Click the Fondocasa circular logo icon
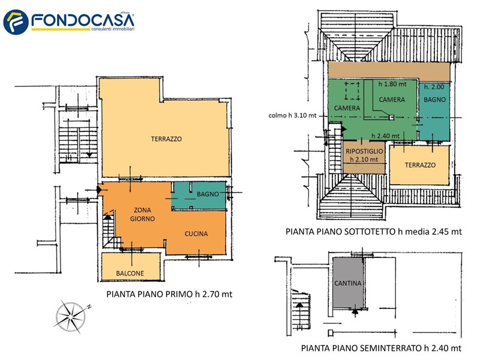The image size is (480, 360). click(16, 22)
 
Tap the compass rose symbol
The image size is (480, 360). click(72, 316)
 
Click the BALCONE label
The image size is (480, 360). click(130, 274)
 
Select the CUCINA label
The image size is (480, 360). click(196, 234)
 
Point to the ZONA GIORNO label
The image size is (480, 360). click(142, 214)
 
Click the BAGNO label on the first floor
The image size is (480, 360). click(208, 194)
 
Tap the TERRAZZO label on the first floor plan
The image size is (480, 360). click(166, 139)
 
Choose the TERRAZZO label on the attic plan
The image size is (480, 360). click(420, 165)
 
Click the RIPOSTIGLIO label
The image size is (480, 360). click(364, 151)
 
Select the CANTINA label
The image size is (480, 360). click(348, 283)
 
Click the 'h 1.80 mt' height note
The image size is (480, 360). click(392, 84)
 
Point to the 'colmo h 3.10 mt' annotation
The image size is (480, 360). click(292, 115)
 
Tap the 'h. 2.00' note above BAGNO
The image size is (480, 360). click(434, 87)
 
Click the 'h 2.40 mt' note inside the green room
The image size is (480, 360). click(385, 136)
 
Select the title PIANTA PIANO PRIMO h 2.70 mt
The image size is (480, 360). click(169, 294)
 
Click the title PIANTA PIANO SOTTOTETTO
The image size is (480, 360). click(340, 232)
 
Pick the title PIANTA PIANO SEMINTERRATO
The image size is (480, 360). click(362, 348)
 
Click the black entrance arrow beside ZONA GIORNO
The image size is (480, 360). click(100, 190)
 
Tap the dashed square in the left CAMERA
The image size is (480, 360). click(352, 91)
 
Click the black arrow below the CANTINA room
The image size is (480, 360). click(355, 312)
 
